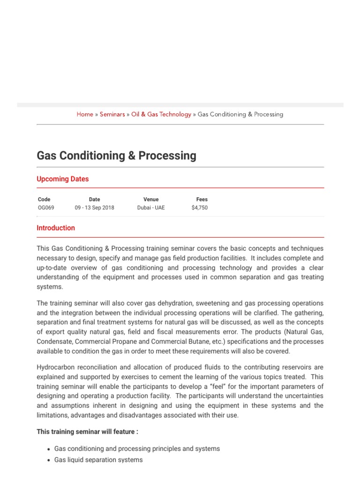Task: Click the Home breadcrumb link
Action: (x=85, y=114)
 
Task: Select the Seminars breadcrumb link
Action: (x=112, y=114)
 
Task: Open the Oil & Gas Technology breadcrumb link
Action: (x=161, y=114)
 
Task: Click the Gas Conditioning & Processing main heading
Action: (x=116, y=156)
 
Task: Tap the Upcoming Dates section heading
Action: (x=62, y=179)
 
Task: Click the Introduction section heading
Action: (x=56, y=228)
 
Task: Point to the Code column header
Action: (x=44, y=199)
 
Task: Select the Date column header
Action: (x=94, y=199)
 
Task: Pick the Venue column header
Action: (x=151, y=199)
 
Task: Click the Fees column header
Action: (x=202, y=199)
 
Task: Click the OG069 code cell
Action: (x=46, y=208)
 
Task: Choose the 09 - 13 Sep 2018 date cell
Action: (x=94, y=208)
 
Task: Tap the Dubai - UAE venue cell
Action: (x=151, y=208)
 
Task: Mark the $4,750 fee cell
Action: (x=200, y=208)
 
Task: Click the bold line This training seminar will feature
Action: (x=87, y=432)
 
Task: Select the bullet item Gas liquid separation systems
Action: (x=98, y=460)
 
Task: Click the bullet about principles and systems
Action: (x=137, y=449)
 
